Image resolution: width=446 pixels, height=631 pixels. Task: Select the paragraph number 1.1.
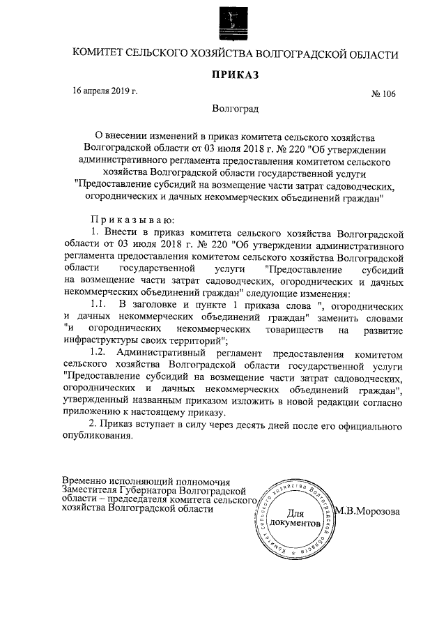point(100,305)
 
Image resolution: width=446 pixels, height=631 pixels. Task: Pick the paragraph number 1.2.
point(100,352)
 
